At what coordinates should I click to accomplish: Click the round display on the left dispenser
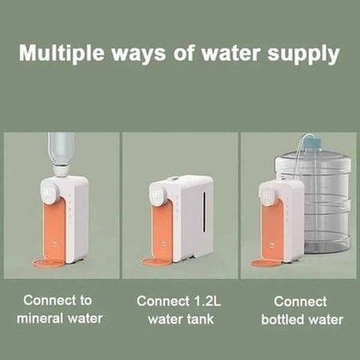(x=50, y=192)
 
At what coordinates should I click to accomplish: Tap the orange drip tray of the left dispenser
(x=49, y=263)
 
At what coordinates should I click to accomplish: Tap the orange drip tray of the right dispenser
(x=266, y=262)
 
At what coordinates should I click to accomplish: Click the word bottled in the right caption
(x=283, y=319)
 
